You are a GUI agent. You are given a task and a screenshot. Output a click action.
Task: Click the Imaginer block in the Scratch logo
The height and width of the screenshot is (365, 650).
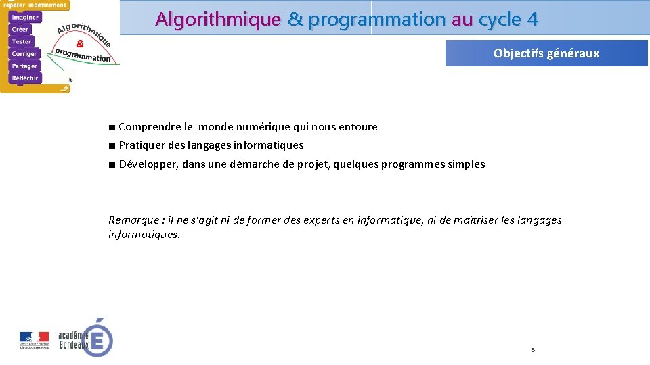(x=25, y=17)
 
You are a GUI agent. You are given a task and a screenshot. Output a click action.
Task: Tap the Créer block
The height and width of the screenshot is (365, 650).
(x=20, y=29)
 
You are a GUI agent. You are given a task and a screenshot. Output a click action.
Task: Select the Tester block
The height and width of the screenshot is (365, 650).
(x=21, y=41)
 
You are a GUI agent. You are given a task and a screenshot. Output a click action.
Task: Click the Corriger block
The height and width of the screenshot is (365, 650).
(x=24, y=53)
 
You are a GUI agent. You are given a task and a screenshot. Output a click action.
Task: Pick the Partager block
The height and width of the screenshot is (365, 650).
(x=24, y=66)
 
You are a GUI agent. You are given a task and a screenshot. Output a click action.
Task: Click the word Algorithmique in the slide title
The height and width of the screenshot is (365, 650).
(x=217, y=20)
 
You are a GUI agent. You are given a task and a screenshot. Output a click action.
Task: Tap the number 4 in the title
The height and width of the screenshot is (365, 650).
(x=532, y=20)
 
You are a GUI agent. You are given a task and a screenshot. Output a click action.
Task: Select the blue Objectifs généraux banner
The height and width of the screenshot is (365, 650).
(x=546, y=53)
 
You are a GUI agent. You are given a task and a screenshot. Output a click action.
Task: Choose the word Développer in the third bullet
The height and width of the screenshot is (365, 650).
(x=148, y=164)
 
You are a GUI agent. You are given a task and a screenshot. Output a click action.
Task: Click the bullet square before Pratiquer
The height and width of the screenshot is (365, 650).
(x=111, y=145)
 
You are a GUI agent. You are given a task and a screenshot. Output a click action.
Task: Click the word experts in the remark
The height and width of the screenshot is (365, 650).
(x=328, y=220)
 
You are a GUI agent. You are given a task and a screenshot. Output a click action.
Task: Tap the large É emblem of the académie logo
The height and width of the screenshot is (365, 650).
(x=99, y=337)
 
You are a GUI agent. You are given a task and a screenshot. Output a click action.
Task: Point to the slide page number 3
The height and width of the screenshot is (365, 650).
(x=533, y=350)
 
